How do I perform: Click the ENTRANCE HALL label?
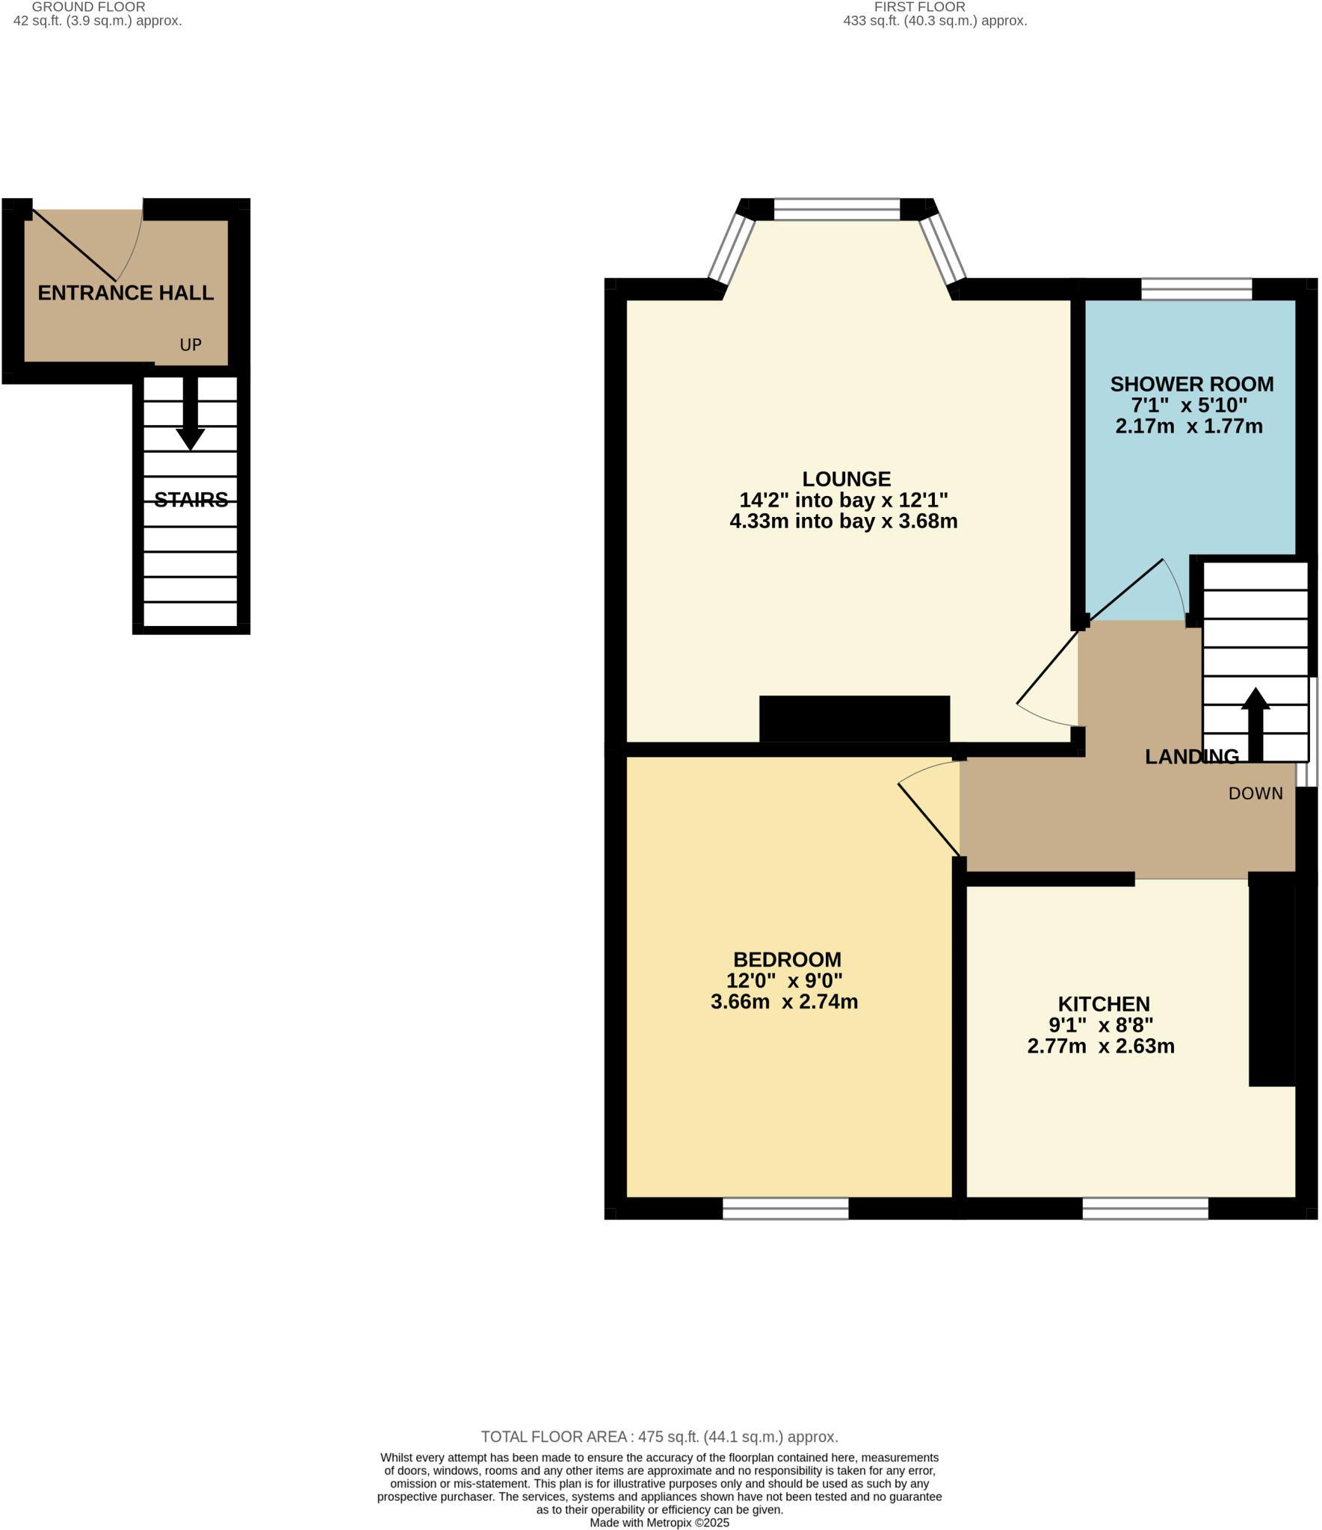tap(126, 293)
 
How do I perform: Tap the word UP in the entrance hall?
tap(191, 344)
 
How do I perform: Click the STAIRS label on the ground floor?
tap(191, 500)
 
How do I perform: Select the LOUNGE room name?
tap(846, 479)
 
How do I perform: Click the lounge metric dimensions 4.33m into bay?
tap(843, 521)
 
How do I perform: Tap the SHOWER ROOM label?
tap(1191, 384)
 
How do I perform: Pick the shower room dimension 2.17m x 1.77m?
tap(1188, 427)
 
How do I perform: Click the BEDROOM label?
tap(787, 959)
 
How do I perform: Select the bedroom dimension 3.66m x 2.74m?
tap(784, 1002)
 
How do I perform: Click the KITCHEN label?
tap(1103, 1004)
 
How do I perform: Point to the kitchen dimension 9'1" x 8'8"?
tap(1101, 1025)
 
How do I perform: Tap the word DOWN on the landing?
tap(1255, 793)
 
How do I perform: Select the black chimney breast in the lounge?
tap(854, 719)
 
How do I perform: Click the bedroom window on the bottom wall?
tap(785, 1208)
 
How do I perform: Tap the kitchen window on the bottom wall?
tap(1145, 1208)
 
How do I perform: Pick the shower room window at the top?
tap(1196, 289)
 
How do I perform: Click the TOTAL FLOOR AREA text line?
tap(659, 1437)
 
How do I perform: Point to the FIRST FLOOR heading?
tap(919, 7)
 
